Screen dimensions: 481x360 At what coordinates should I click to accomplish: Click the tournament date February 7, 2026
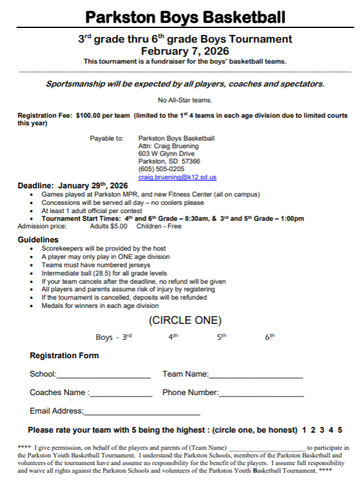[x=185, y=51]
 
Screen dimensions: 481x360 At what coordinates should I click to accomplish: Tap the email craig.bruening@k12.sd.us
[x=177, y=178]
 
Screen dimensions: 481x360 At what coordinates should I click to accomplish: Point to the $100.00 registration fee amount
[x=88, y=116]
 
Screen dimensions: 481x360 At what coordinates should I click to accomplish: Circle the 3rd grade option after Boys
[x=127, y=337]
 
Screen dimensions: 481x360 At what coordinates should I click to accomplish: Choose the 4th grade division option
[x=173, y=337]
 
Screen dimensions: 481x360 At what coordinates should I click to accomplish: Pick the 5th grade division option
[x=221, y=337]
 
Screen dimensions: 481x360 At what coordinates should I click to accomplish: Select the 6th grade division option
[x=270, y=337]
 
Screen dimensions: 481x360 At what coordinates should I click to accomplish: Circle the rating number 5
[x=340, y=430]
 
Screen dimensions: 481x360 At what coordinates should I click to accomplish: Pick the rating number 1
[x=305, y=430]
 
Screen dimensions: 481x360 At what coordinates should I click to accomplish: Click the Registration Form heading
[x=64, y=355]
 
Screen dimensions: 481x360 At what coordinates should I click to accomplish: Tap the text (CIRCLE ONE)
[x=185, y=320]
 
